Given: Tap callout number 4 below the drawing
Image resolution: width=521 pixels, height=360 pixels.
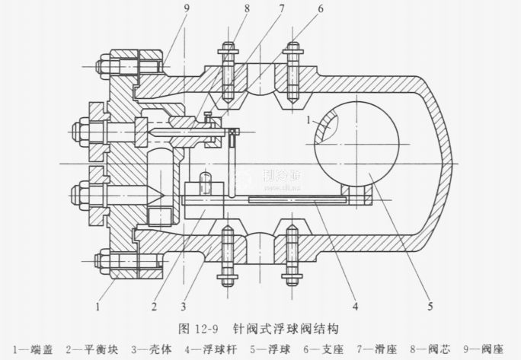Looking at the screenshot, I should pyautogui.click(x=356, y=308).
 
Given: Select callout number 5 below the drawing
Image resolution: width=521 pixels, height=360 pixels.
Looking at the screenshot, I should pyautogui.click(x=430, y=308).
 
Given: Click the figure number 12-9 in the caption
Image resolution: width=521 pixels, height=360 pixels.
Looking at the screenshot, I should pyautogui.click(x=201, y=330).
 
